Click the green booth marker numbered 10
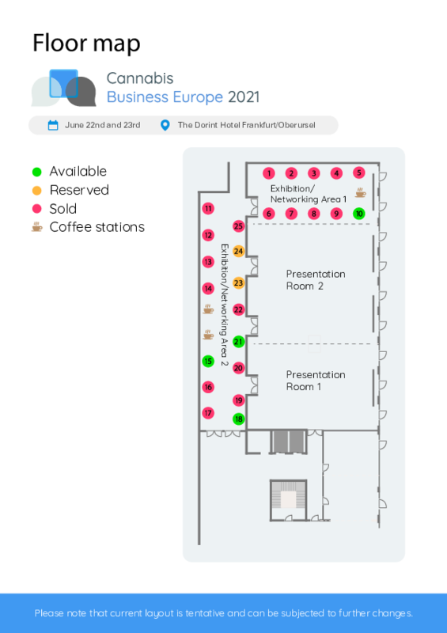point(359,214)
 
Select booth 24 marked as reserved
point(239,252)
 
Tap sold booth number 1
point(269,173)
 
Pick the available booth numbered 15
point(208,361)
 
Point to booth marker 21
point(239,342)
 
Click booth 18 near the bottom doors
point(239,419)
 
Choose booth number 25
point(239,226)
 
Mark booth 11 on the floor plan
point(208,209)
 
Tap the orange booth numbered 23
point(239,283)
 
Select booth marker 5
point(359,172)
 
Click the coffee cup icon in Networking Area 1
point(360,193)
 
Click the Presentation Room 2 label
point(316,280)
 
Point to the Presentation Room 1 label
point(316,381)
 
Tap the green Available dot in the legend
point(36,172)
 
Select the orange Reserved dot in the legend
point(36,191)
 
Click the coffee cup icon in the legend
point(36,227)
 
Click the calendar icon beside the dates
point(53,125)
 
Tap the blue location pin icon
point(165,125)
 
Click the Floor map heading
point(86,44)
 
